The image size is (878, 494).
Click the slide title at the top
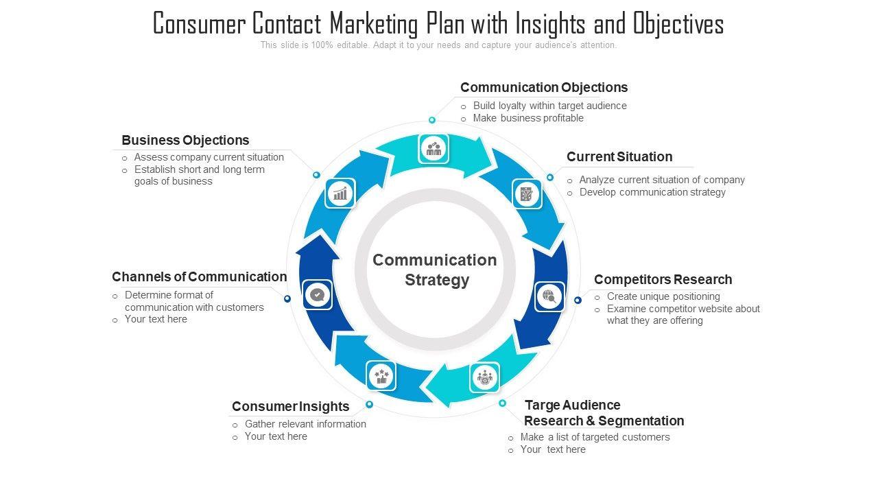[x=438, y=24]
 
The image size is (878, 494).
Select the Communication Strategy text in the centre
[x=435, y=270]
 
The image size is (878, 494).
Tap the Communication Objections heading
[x=544, y=87]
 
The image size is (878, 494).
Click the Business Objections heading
[x=185, y=140]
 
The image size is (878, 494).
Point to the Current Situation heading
[x=619, y=156]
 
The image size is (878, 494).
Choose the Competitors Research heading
[x=663, y=279]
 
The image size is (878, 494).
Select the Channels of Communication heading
[x=199, y=277]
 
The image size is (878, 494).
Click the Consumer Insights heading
[x=290, y=406]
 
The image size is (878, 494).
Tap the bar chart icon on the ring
[x=340, y=193]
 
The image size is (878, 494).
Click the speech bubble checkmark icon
[x=317, y=295]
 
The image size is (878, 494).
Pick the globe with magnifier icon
[x=549, y=296]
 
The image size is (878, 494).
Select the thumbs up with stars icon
[x=381, y=375]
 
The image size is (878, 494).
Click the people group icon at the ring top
[x=434, y=148]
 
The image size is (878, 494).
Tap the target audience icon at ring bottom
[x=485, y=377]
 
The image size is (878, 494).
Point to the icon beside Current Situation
[x=527, y=194]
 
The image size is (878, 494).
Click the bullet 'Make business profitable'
[x=528, y=118]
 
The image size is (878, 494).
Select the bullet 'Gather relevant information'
[x=305, y=424]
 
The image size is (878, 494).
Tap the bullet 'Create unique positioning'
[x=663, y=296]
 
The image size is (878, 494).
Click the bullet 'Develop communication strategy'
[x=652, y=192]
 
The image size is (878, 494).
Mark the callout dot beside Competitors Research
[x=578, y=300]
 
